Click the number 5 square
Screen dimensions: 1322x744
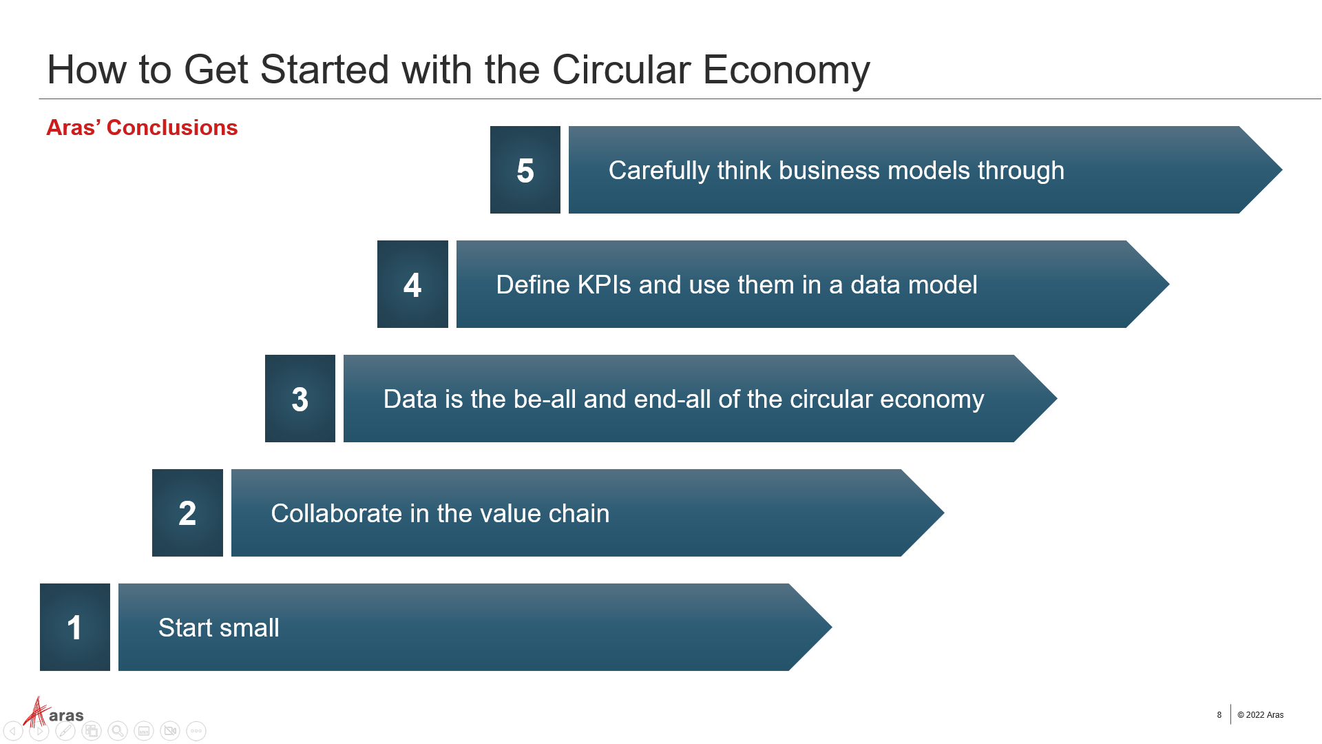pyautogui.click(x=525, y=169)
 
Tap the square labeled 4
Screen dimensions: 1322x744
pyautogui.click(x=412, y=284)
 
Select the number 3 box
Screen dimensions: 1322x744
pyautogui.click(x=300, y=398)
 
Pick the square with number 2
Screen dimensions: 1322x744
pyautogui.click(x=187, y=513)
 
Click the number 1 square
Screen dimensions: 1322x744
pyautogui.click(x=75, y=627)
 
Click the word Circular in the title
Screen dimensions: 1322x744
pyautogui.click(x=621, y=70)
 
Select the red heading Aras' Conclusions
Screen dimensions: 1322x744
pyautogui.click(x=142, y=127)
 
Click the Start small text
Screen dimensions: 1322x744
pyautogui.click(x=219, y=628)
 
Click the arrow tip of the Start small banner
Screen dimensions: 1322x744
pyautogui.click(x=831, y=627)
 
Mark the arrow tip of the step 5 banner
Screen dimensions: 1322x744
pyautogui.click(x=1281, y=169)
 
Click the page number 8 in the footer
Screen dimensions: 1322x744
pyautogui.click(x=1219, y=715)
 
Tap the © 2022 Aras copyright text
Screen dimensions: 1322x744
pyautogui.click(x=1261, y=715)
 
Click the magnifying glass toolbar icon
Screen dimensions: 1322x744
pyautogui.click(x=118, y=731)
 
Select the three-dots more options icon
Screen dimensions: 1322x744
pyautogui.click(x=196, y=731)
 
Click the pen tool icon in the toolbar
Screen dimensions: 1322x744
pyautogui.click(x=65, y=731)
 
